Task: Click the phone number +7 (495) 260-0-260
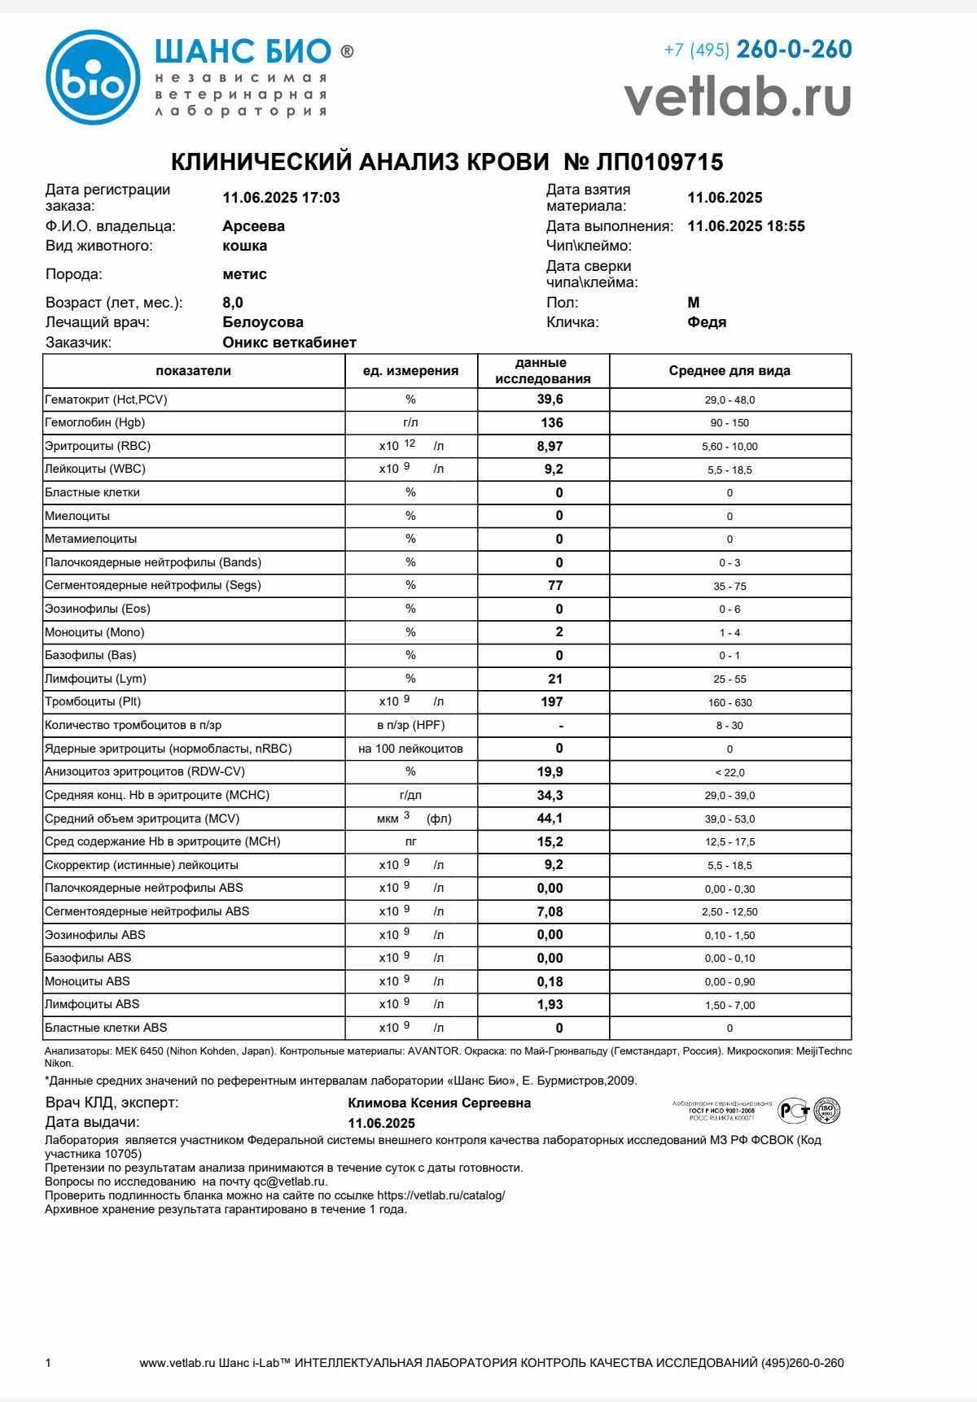[757, 50]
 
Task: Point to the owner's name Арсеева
[253, 226]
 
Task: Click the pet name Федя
[707, 322]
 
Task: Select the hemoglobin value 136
[551, 422]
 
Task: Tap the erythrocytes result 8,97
[550, 446]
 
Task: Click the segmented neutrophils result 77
[555, 585]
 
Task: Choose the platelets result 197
[551, 701]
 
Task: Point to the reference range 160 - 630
[729, 702]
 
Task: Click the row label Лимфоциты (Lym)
[96, 679]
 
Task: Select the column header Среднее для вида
[729, 371]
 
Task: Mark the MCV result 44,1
[550, 819]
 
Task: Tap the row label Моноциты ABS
[87, 981]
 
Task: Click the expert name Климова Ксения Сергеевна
[439, 1103]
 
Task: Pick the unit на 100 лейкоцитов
[410, 749]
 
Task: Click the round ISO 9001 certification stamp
[826, 1110]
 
